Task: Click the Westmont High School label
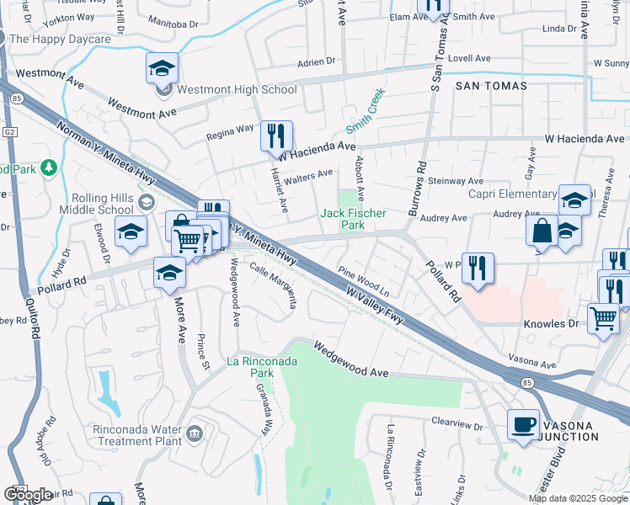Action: pos(237,90)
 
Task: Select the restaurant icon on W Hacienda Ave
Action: pos(276,136)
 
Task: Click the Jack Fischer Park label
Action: pos(353,219)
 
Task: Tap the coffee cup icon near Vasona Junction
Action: pos(523,423)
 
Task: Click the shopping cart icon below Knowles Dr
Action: pos(603,320)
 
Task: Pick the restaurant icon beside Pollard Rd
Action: pos(478,268)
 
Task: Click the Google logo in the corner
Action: pos(28,495)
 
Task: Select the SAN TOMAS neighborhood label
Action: pos(491,86)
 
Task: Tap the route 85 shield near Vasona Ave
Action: pos(527,383)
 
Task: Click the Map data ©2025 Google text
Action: pos(578,498)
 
